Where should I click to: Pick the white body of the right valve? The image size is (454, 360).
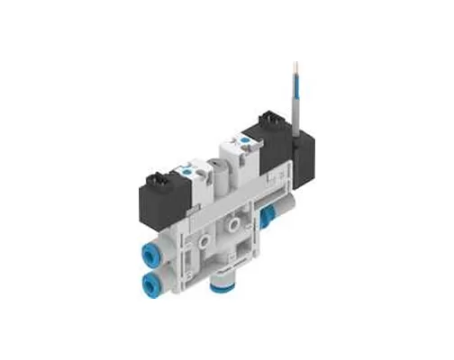[251, 162]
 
